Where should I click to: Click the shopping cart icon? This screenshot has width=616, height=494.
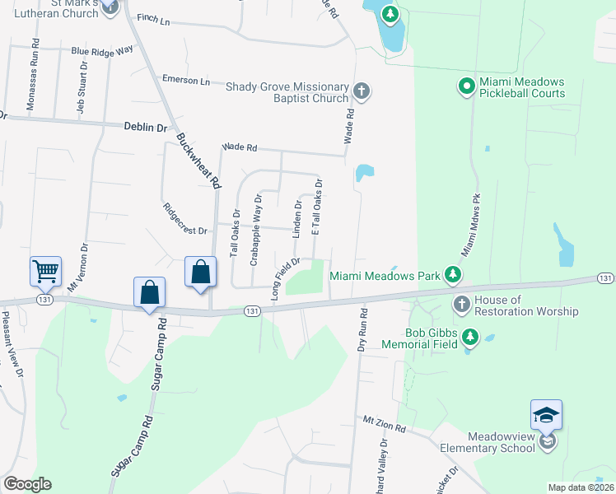[x=45, y=270]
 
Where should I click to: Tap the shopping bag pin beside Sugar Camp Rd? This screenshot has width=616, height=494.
[x=150, y=293]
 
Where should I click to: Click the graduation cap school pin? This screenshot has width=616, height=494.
[x=546, y=416]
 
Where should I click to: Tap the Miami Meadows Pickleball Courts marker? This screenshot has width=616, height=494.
[x=465, y=85]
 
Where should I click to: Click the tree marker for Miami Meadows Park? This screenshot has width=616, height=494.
[x=452, y=273]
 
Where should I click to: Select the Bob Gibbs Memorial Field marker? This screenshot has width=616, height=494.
[x=469, y=336]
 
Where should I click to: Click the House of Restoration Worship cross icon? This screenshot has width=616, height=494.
[x=461, y=305]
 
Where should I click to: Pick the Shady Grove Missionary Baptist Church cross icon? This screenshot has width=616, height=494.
[x=361, y=91]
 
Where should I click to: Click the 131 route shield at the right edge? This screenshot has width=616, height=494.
[x=605, y=279]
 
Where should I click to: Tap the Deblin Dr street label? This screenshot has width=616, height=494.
[x=146, y=128]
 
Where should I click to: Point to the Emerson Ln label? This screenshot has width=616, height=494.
[x=186, y=81]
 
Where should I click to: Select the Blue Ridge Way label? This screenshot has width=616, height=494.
[x=102, y=50]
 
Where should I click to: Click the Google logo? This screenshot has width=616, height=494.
[x=27, y=483]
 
